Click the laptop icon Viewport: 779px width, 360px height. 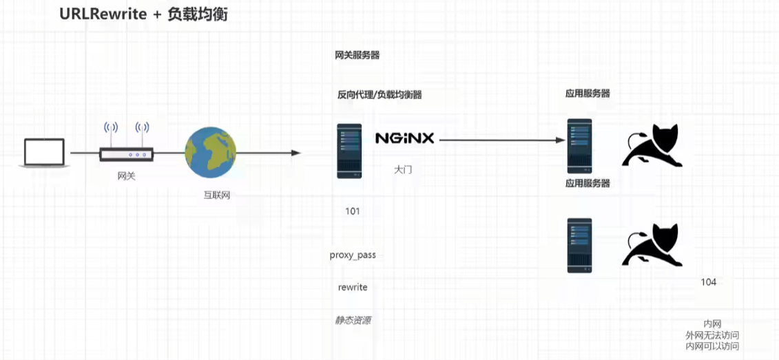[x=44, y=153]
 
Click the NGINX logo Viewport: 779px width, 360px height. [x=404, y=138]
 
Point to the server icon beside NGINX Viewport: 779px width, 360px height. [x=349, y=151]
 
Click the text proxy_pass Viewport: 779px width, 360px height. [x=353, y=255]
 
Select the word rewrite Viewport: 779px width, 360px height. [x=353, y=287]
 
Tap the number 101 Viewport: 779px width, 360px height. [x=353, y=211]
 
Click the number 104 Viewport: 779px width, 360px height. [x=708, y=282]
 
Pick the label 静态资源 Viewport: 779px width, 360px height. [x=353, y=320]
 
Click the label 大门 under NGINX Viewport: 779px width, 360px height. [x=403, y=169]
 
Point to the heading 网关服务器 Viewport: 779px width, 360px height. [x=357, y=55]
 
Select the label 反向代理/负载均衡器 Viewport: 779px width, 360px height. [x=380, y=95]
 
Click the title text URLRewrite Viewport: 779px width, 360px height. [x=103, y=14]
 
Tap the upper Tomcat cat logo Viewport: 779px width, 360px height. [x=652, y=145]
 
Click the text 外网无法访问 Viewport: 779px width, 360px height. [x=712, y=335]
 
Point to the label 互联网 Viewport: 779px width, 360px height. [x=216, y=195]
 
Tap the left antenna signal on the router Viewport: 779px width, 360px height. [x=111, y=129]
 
